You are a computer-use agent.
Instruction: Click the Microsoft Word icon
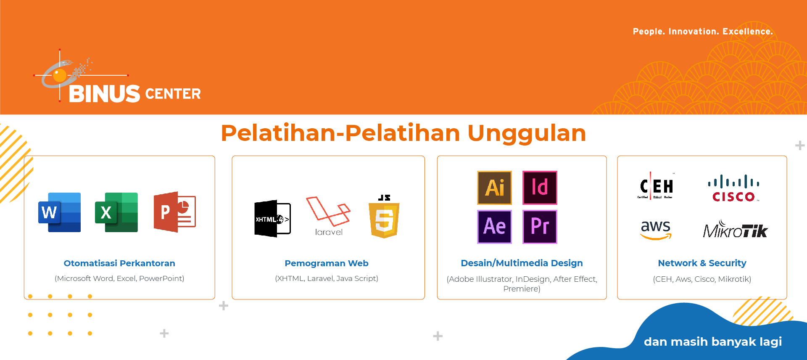pyautogui.click(x=59, y=212)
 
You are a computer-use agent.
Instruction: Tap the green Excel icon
pyautogui.click(x=116, y=212)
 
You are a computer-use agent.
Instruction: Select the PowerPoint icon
pyautogui.click(x=174, y=212)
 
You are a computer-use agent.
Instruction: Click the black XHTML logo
pyautogui.click(x=272, y=219)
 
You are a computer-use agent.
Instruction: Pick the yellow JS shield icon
pyautogui.click(x=384, y=217)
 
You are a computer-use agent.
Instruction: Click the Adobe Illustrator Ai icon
pyautogui.click(x=495, y=188)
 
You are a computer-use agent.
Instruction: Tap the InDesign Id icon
pyautogui.click(x=540, y=188)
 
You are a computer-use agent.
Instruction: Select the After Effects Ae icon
pyautogui.click(x=495, y=227)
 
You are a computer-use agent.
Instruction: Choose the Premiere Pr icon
pyautogui.click(x=540, y=227)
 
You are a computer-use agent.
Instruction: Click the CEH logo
pyautogui.click(x=656, y=185)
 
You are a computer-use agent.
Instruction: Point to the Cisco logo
pyautogui.click(x=734, y=188)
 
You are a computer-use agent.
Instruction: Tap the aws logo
pyautogui.click(x=656, y=230)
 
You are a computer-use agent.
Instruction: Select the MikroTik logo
pyautogui.click(x=736, y=229)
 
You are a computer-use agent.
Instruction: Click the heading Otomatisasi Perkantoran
pyautogui.click(x=119, y=263)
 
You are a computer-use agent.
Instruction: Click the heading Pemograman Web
pyautogui.click(x=327, y=263)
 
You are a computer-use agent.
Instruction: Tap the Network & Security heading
pyautogui.click(x=702, y=263)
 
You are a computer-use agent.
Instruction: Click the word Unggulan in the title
pyautogui.click(x=527, y=133)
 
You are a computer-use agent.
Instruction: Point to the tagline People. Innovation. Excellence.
pyautogui.click(x=703, y=32)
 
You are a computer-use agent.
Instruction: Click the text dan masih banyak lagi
pyautogui.click(x=713, y=341)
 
